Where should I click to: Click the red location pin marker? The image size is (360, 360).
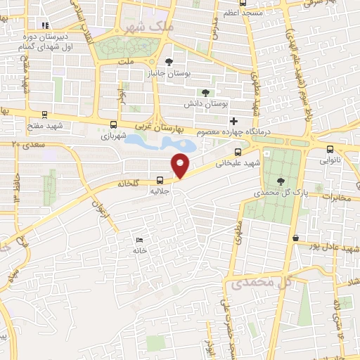tap(181, 165)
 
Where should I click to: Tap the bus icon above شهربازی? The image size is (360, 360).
tap(114, 124)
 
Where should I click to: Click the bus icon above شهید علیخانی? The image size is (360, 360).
tap(238, 153)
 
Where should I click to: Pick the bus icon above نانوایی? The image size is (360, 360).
tap(330, 149)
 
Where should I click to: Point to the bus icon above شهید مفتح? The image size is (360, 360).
tap(45, 114)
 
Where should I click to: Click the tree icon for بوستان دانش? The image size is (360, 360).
tap(205, 93)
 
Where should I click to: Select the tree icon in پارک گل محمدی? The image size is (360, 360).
tap(281, 181)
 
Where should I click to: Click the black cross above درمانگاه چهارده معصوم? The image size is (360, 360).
tap(233, 121)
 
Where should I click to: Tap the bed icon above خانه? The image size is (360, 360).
tap(139, 240)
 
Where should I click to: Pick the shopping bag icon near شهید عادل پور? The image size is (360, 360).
tap(296, 238)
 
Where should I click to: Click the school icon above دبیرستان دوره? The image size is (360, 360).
tap(44, 26)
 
